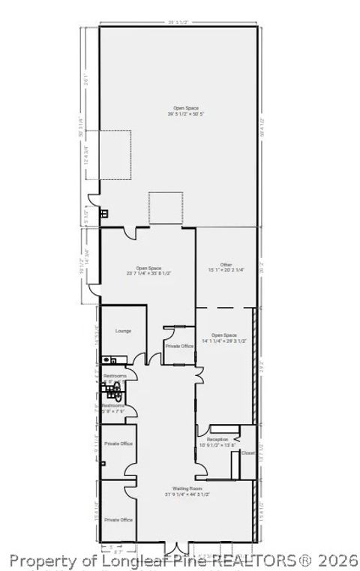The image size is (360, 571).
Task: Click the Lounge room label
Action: (x=123, y=330)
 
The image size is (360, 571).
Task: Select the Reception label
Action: (x=217, y=439)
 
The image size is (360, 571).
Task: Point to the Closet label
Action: (x=248, y=452)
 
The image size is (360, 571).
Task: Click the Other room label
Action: (x=226, y=264)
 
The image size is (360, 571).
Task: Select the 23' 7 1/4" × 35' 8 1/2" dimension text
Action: (x=148, y=274)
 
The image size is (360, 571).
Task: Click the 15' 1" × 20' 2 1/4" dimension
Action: (x=226, y=270)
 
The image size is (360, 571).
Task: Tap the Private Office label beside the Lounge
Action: (x=179, y=346)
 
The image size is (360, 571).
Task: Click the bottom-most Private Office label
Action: (x=118, y=519)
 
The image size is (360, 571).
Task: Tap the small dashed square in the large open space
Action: (x=166, y=207)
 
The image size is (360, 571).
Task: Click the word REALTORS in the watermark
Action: (x=259, y=560)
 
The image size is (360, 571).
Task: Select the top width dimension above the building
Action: (x=180, y=22)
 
